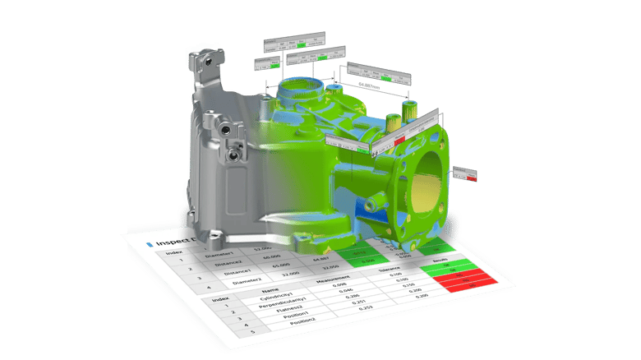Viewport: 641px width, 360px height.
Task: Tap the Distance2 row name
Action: tap(224, 264)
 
